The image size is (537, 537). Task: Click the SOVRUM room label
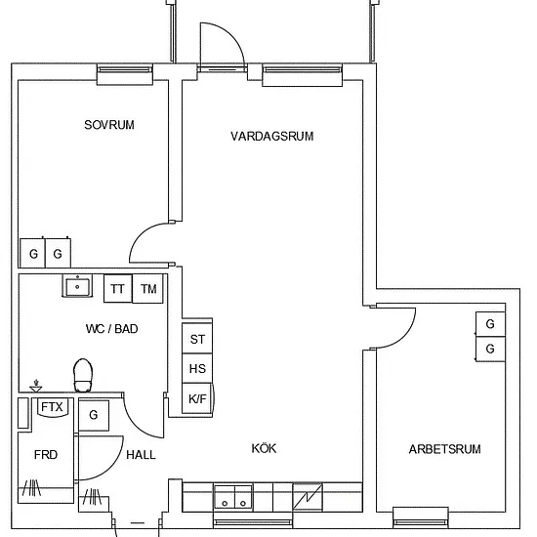[x=109, y=125]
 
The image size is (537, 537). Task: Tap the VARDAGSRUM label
[x=272, y=137]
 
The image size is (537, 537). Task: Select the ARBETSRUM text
[x=445, y=449]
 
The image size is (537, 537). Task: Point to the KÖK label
[x=264, y=448]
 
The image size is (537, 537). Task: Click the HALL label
[x=141, y=455]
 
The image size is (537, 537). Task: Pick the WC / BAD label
[x=112, y=329]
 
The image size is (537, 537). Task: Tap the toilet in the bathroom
[x=83, y=375]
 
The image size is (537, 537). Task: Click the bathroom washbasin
[x=77, y=286]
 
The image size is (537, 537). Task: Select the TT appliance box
[x=118, y=288]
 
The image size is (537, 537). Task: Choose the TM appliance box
[x=148, y=288]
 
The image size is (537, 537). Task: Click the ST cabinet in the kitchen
[x=197, y=339]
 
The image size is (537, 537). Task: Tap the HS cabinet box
[x=197, y=368]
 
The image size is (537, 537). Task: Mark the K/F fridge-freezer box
[x=197, y=398]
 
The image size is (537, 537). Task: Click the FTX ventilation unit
[x=52, y=407]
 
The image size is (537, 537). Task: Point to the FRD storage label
[x=46, y=455]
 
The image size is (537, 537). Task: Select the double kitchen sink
[x=233, y=496]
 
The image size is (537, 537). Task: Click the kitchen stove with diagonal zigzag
[x=308, y=496]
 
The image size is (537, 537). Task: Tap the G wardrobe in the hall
[x=94, y=415]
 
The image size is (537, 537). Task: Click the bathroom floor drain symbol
[x=35, y=387]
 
